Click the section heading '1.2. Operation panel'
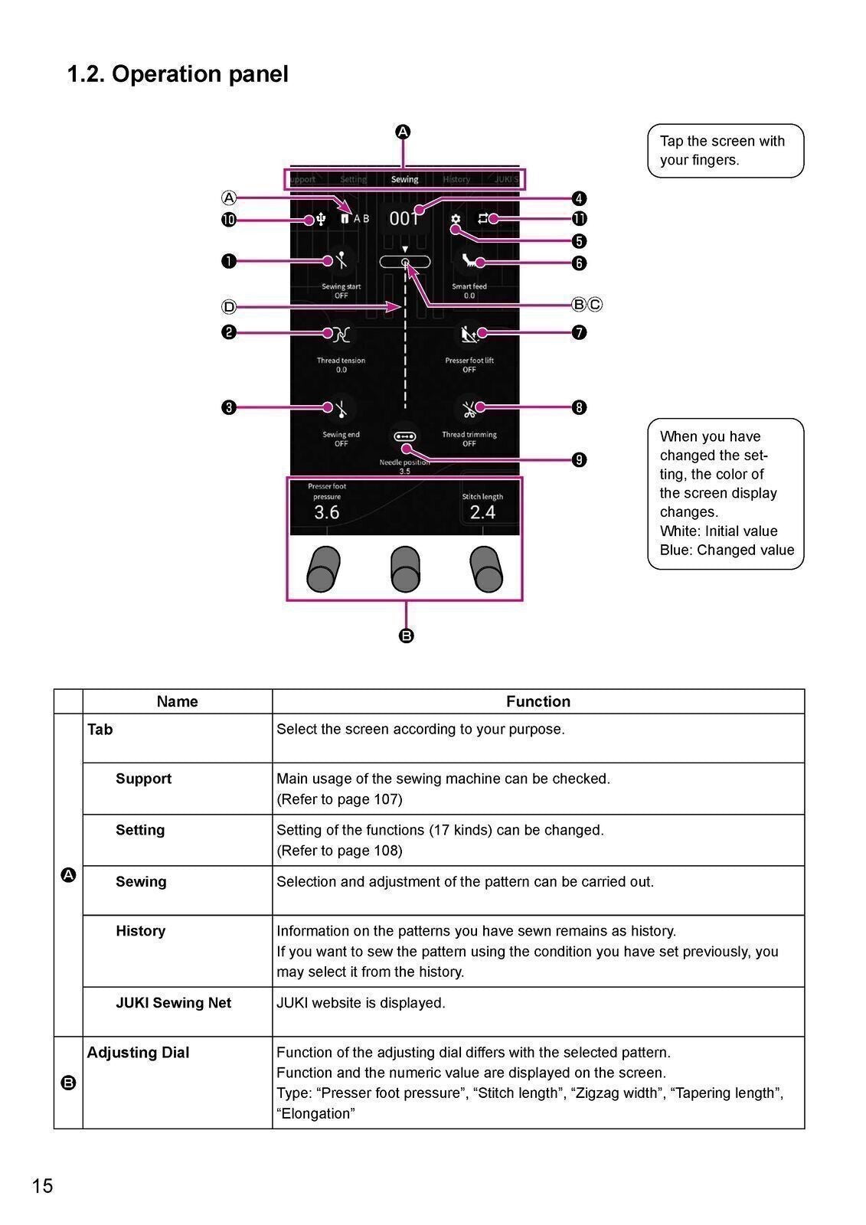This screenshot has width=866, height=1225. click(178, 74)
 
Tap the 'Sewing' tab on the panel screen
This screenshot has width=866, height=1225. click(404, 179)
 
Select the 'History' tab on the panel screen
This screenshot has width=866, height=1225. click(456, 179)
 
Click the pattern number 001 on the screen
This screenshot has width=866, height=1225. click(404, 219)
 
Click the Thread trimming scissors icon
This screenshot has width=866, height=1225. click(469, 409)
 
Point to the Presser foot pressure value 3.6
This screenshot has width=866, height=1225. click(327, 512)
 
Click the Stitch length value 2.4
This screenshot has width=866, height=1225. click(482, 512)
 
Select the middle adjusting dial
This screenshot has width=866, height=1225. click(404, 570)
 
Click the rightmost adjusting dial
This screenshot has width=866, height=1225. click(485, 570)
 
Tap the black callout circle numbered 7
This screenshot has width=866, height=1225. click(580, 332)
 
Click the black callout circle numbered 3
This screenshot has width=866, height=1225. click(229, 407)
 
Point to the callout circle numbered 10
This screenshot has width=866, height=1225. click(229, 220)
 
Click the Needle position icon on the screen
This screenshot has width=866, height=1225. click(404, 436)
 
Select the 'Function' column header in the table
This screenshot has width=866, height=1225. click(538, 701)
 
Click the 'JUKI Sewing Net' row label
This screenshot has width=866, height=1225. click(173, 1003)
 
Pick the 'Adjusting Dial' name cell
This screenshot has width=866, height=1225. click(138, 1053)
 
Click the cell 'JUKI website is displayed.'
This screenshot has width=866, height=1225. click(361, 1003)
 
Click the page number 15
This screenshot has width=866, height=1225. click(43, 1186)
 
